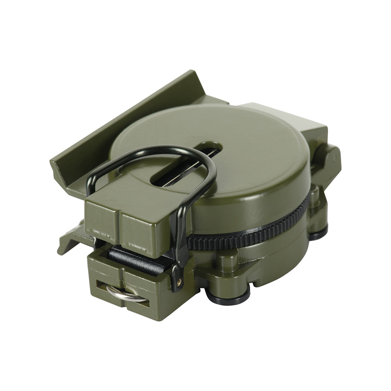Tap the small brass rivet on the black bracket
click(180, 280)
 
